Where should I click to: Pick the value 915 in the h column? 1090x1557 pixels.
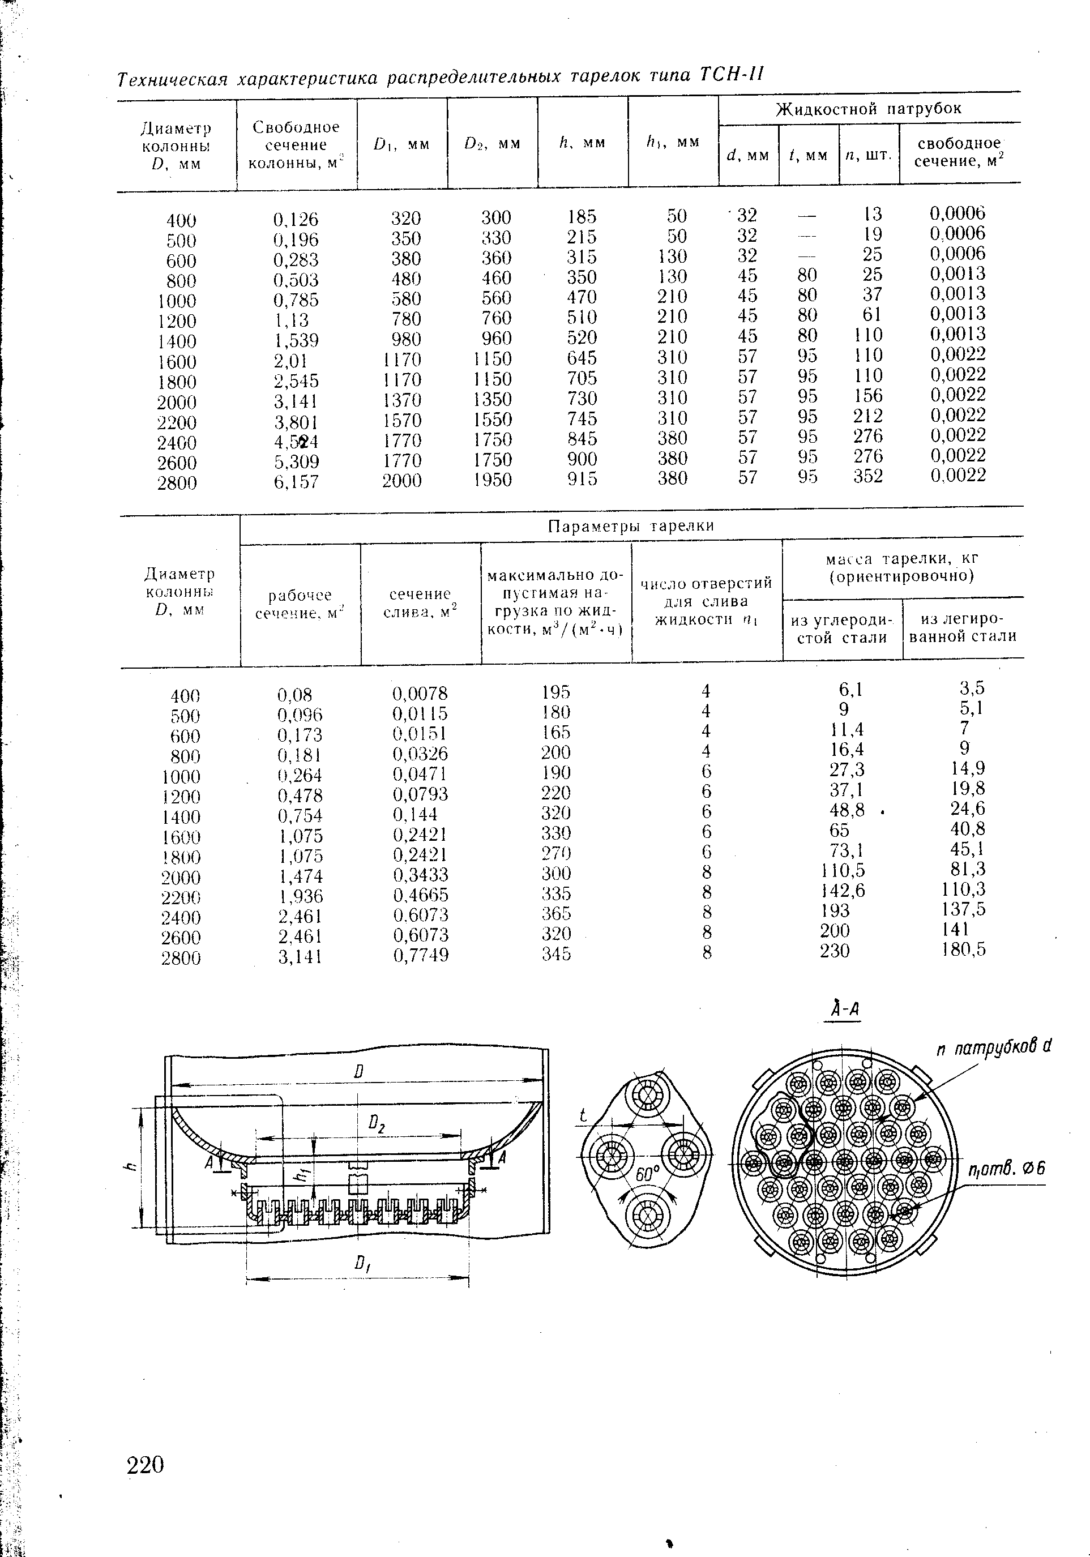(x=582, y=480)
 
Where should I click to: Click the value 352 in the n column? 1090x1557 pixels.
(x=868, y=476)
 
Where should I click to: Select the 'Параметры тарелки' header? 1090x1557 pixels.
(x=631, y=526)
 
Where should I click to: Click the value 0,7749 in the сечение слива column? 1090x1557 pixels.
(x=421, y=955)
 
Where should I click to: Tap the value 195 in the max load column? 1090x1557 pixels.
(x=556, y=692)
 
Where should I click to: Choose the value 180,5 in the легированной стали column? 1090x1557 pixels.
(x=963, y=949)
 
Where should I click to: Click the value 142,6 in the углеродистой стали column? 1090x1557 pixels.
(x=843, y=889)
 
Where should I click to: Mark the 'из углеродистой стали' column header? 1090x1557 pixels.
(x=842, y=628)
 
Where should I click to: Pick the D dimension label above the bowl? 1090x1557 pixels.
(x=359, y=1071)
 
